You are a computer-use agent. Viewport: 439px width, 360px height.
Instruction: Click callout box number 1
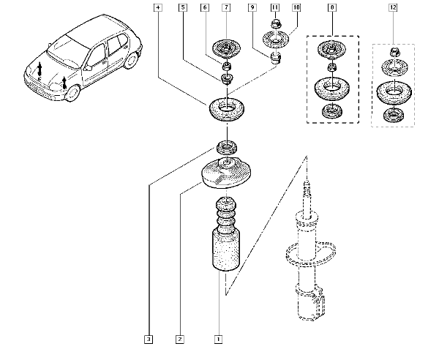point(217,339)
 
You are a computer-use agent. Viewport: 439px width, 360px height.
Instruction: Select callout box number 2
point(179,339)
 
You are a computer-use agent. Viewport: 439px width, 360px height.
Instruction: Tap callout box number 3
point(149,339)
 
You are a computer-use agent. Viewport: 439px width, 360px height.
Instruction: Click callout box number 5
point(182,8)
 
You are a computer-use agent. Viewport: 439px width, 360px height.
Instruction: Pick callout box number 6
point(206,8)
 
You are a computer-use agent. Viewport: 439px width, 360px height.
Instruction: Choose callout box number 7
point(226,8)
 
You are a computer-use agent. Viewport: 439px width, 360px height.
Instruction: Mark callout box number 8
point(333,8)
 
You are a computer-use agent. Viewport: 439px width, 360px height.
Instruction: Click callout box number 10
point(296,8)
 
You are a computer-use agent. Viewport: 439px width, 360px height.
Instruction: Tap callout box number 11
point(274,8)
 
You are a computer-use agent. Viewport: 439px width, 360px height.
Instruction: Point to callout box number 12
point(394,8)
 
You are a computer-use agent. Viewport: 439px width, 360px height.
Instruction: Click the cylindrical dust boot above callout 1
point(223,249)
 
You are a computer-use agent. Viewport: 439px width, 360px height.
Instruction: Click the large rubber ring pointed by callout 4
point(227,111)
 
